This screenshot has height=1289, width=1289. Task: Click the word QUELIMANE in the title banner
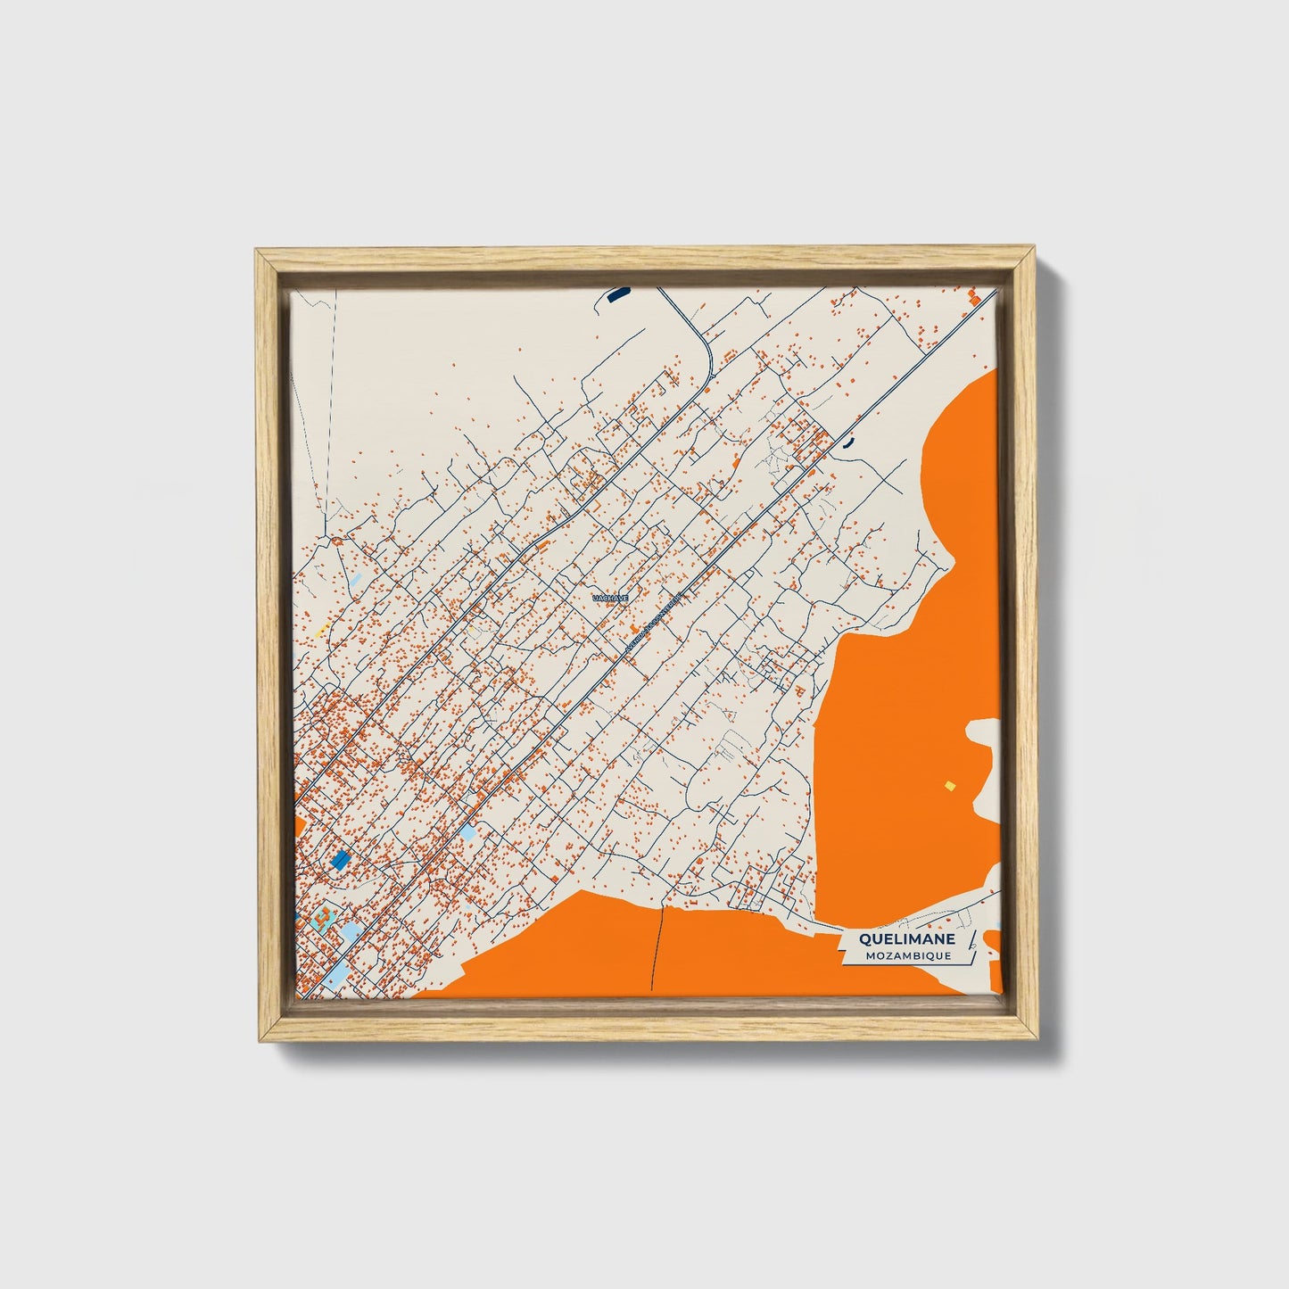tap(907, 939)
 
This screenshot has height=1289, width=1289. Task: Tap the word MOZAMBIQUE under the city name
tap(907, 955)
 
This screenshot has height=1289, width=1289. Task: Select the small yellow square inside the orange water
tap(950, 786)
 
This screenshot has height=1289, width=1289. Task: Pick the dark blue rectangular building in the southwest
tap(340, 860)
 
